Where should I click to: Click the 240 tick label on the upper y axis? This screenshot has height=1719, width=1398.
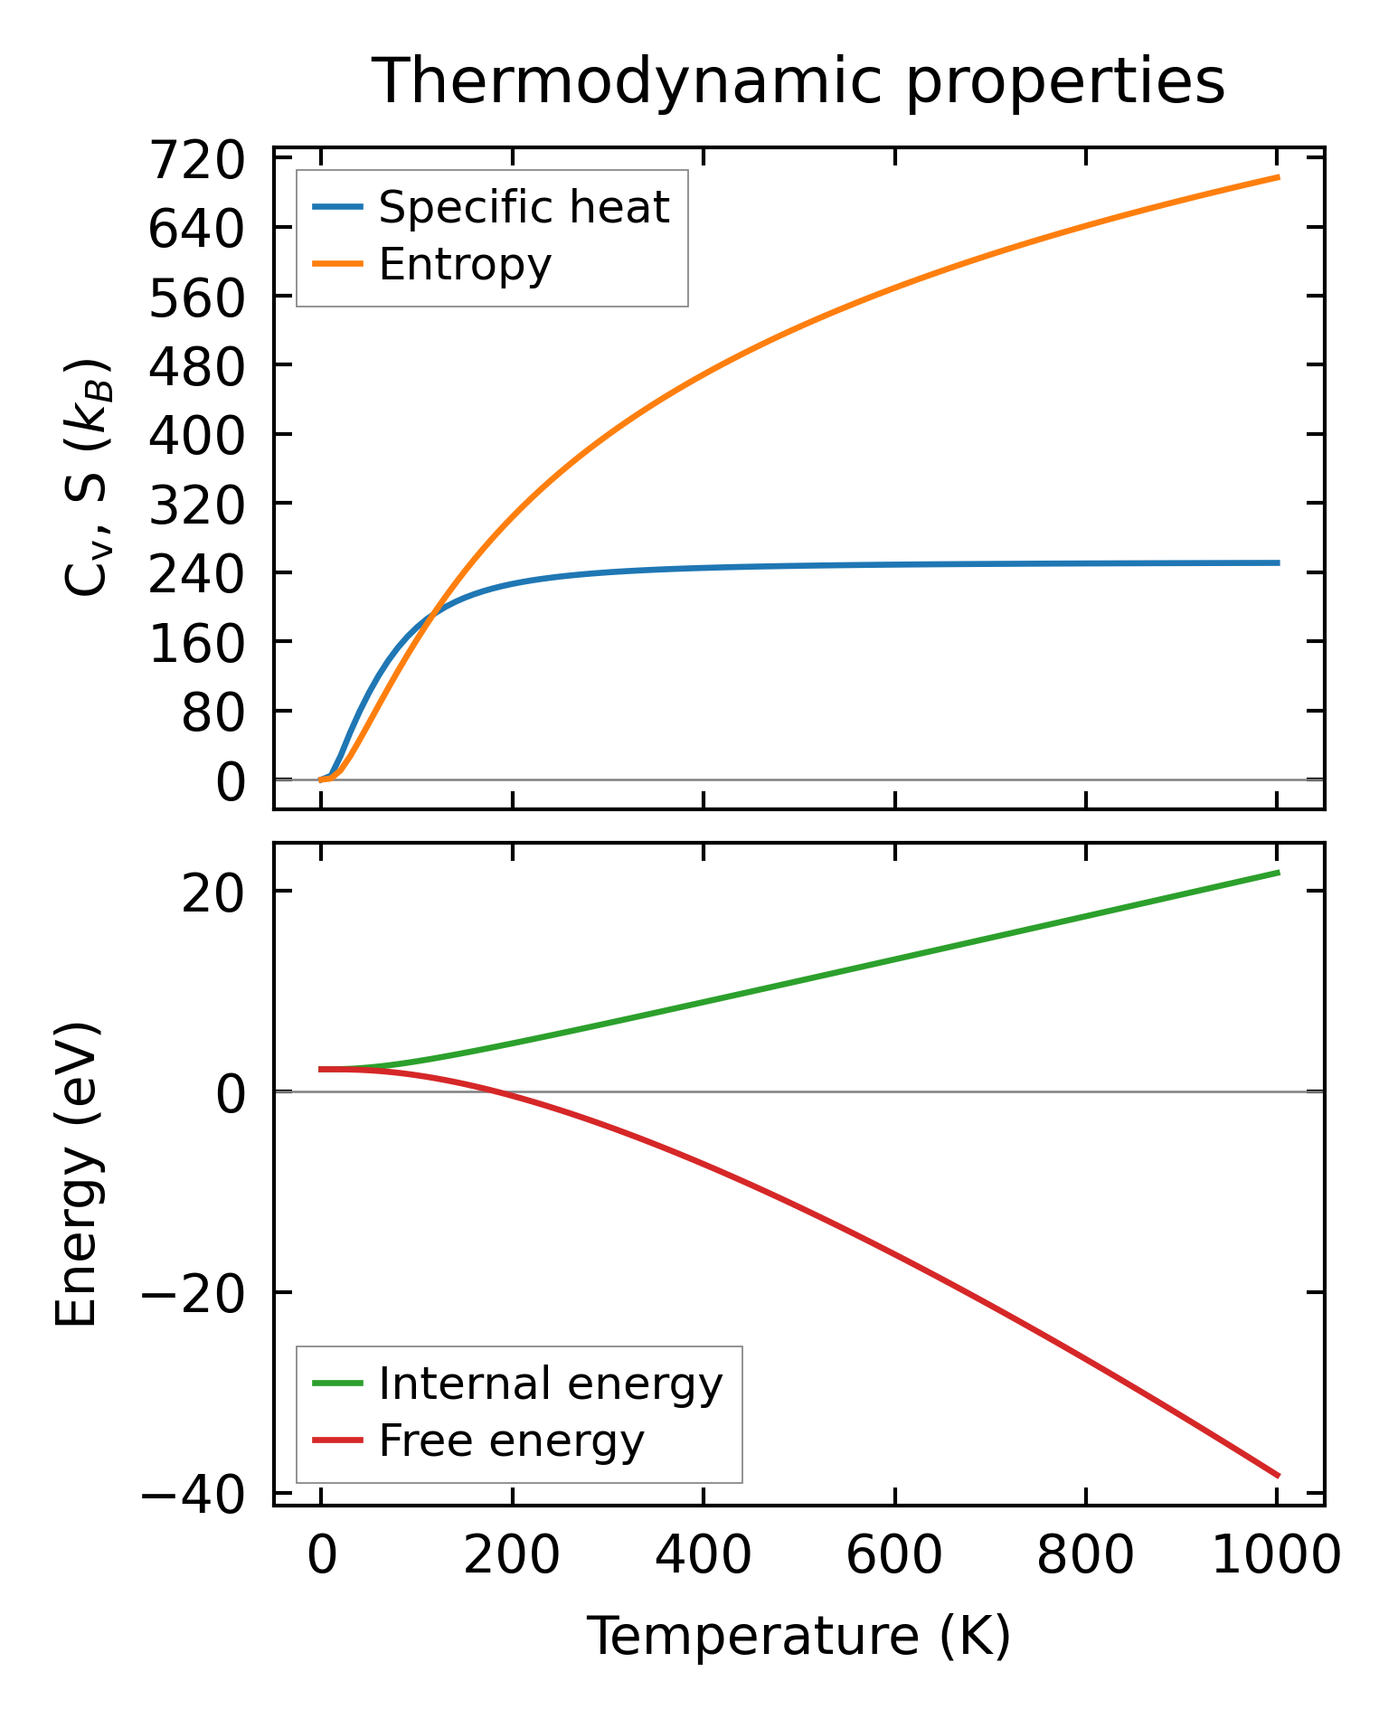click(x=197, y=575)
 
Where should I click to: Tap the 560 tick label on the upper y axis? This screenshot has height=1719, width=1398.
click(x=197, y=298)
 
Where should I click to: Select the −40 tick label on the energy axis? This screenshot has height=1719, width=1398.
click(x=193, y=1497)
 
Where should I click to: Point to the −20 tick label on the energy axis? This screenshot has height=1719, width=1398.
click(x=193, y=1296)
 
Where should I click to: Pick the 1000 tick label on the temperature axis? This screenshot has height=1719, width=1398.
click(x=1275, y=1557)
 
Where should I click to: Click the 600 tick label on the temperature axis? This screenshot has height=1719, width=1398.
click(x=893, y=1557)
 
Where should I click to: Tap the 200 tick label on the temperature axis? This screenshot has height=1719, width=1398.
click(x=512, y=1557)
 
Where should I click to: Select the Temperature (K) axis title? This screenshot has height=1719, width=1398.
click(x=798, y=1637)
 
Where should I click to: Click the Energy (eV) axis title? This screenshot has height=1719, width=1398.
click(x=76, y=1175)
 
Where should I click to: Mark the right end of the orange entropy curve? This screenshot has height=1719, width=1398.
click(x=1277, y=177)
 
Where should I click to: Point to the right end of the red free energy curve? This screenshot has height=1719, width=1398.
click(x=1277, y=1476)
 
